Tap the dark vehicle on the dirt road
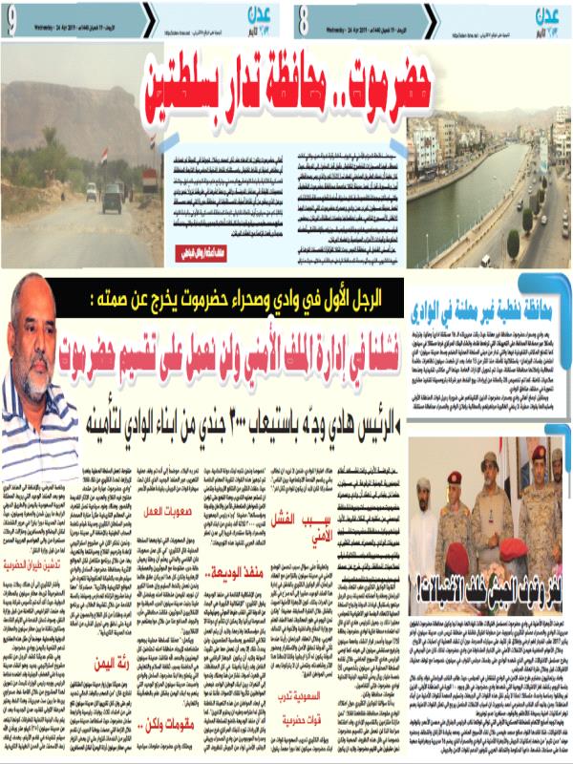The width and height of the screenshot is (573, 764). coord(112,198)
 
